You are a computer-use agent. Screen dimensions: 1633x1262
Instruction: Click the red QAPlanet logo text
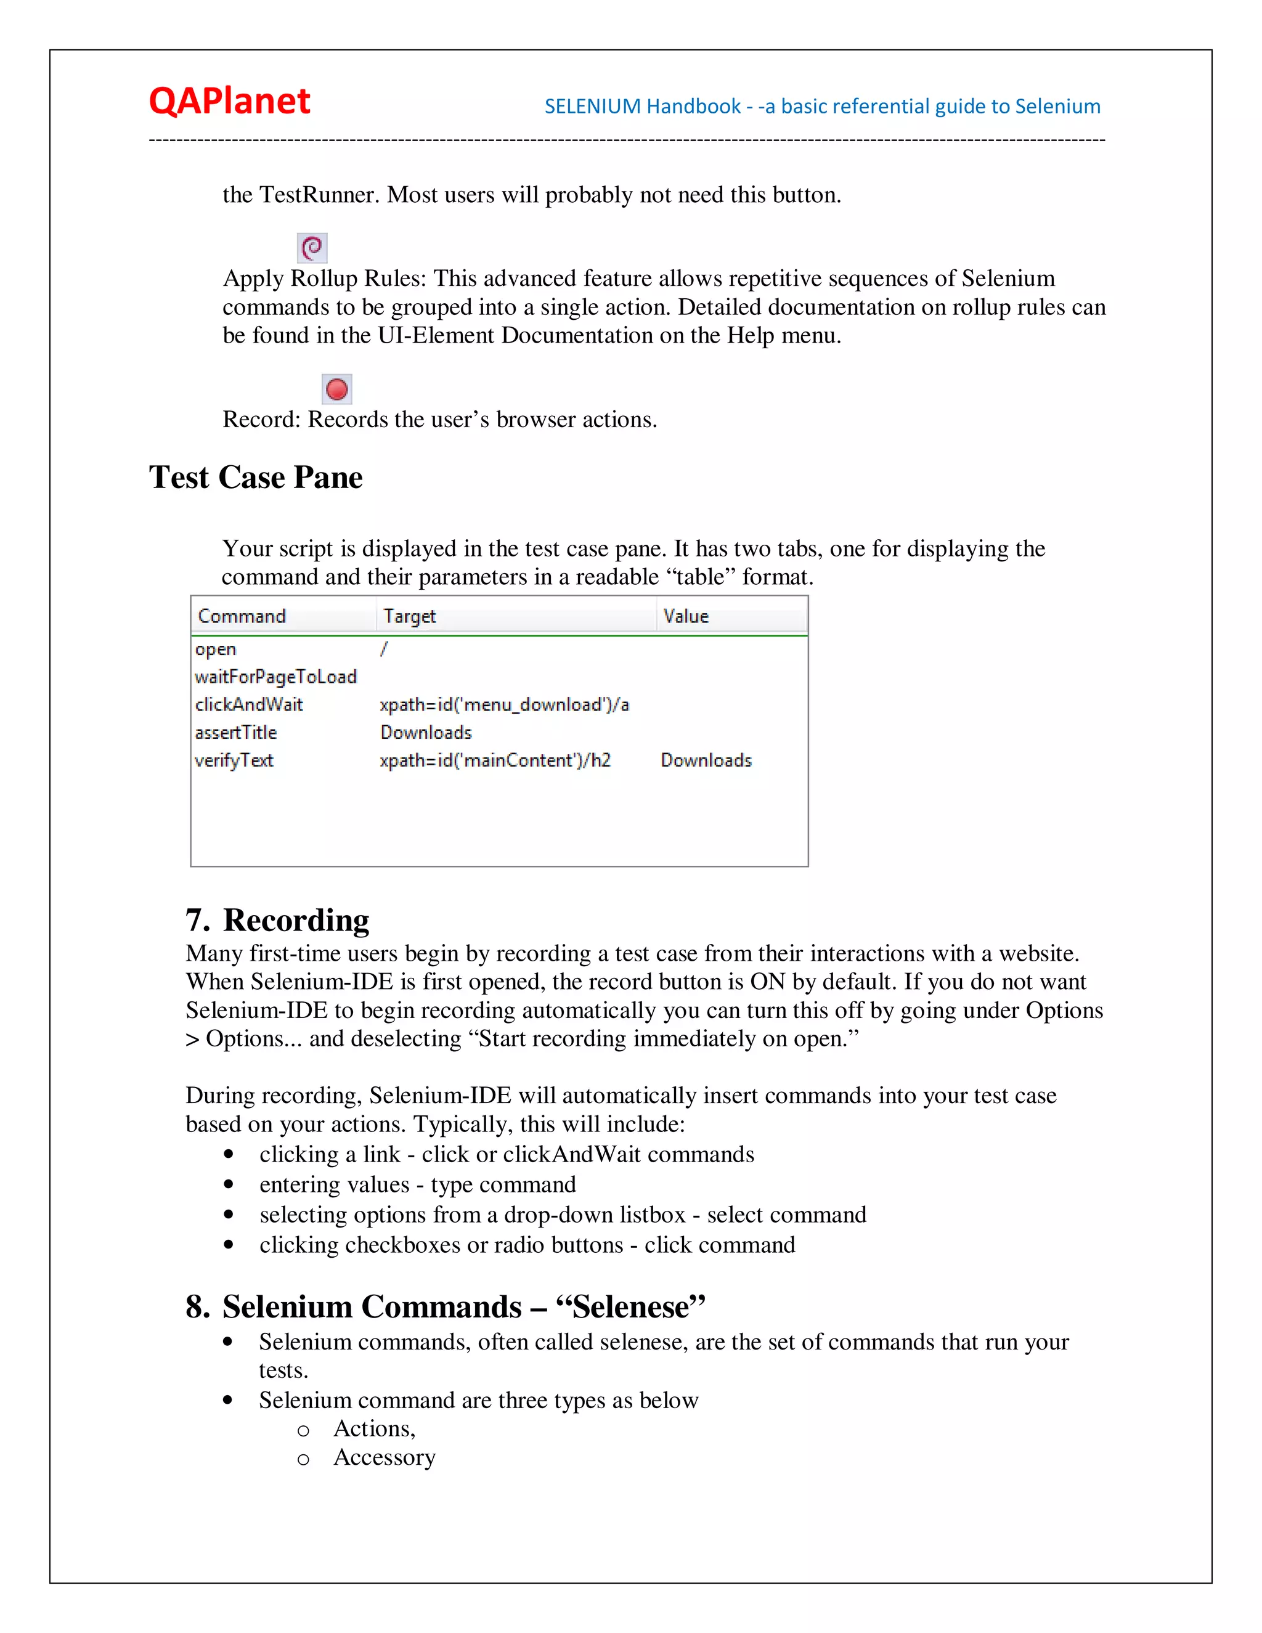point(229,101)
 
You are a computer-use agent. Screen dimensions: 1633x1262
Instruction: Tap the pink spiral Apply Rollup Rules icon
point(312,248)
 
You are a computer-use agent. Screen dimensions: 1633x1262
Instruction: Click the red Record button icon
point(337,389)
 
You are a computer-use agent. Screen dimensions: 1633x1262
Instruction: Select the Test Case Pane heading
point(256,478)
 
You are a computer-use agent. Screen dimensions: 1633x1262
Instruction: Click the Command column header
point(242,616)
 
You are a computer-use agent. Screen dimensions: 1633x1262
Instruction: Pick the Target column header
point(410,616)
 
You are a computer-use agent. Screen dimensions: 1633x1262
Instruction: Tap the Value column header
point(686,616)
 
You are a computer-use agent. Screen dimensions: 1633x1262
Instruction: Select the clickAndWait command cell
point(249,705)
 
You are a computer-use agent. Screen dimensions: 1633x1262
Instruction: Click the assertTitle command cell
point(236,733)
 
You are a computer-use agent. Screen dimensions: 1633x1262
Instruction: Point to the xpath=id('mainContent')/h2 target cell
point(495,760)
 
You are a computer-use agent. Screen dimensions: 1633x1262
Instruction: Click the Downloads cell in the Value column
point(706,760)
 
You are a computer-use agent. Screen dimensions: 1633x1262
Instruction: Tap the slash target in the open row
point(383,649)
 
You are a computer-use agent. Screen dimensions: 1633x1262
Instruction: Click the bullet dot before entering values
point(229,1184)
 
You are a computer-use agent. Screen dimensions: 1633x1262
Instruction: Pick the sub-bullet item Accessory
point(385,1457)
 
